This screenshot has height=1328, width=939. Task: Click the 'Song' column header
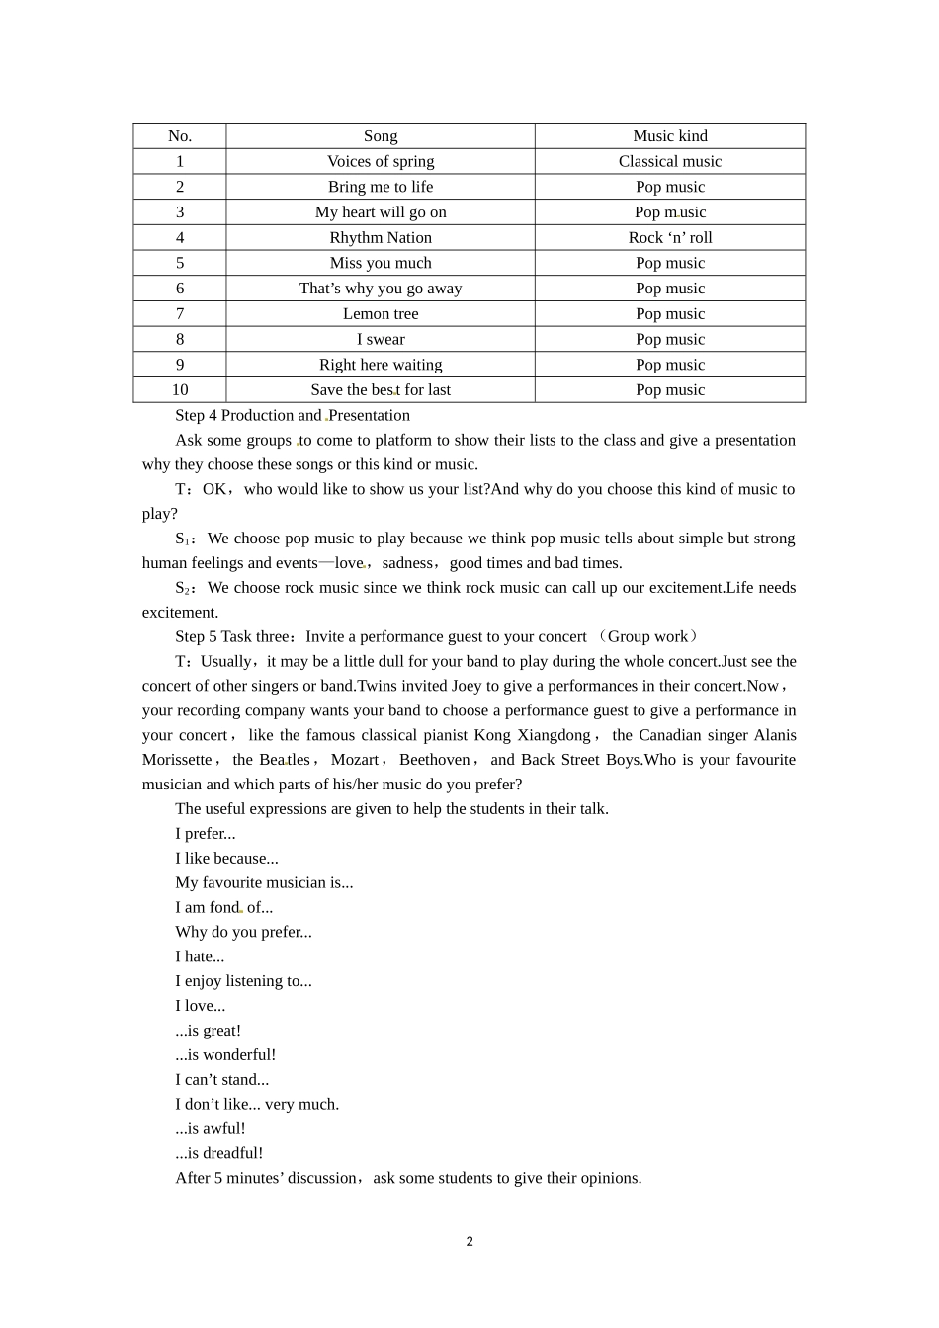coord(381,136)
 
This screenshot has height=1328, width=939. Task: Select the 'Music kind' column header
coord(670,136)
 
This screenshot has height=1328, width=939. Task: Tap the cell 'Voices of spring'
coord(381,161)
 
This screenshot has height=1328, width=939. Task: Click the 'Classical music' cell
coord(670,161)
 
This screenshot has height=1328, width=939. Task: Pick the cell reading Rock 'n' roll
coord(670,237)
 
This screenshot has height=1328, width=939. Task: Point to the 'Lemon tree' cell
coord(381,313)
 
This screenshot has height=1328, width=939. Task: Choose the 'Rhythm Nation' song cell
coord(381,237)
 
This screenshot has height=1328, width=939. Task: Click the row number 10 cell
coord(180,389)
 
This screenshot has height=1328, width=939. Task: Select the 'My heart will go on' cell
coord(381,211)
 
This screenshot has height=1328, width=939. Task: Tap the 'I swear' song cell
coord(381,339)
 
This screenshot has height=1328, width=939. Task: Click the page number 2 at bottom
coord(469,1242)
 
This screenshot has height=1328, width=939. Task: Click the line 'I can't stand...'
coord(221,1079)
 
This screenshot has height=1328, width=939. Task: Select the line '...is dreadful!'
coord(218,1153)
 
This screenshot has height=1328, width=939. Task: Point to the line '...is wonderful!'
coord(225,1054)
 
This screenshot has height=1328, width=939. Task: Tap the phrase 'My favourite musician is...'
coord(264,882)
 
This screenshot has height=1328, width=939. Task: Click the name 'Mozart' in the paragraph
coord(355,760)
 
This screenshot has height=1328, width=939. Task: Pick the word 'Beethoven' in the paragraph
coord(435,760)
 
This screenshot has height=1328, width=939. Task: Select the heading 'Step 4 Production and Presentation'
coord(292,415)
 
